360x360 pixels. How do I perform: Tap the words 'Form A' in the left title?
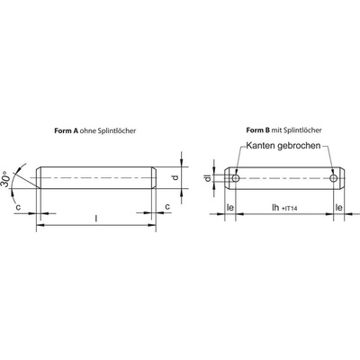click(67, 130)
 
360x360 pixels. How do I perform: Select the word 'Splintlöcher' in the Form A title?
click(117, 130)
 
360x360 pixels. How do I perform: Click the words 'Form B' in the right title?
click(258, 130)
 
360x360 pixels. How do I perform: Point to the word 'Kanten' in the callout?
click(260, 146)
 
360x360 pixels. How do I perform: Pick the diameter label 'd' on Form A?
click(175, 177)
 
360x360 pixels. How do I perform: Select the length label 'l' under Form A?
click(96, 219)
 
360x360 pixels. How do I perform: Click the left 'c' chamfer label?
click(18, 207)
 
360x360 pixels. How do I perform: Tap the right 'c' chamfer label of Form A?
click(167, 207)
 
